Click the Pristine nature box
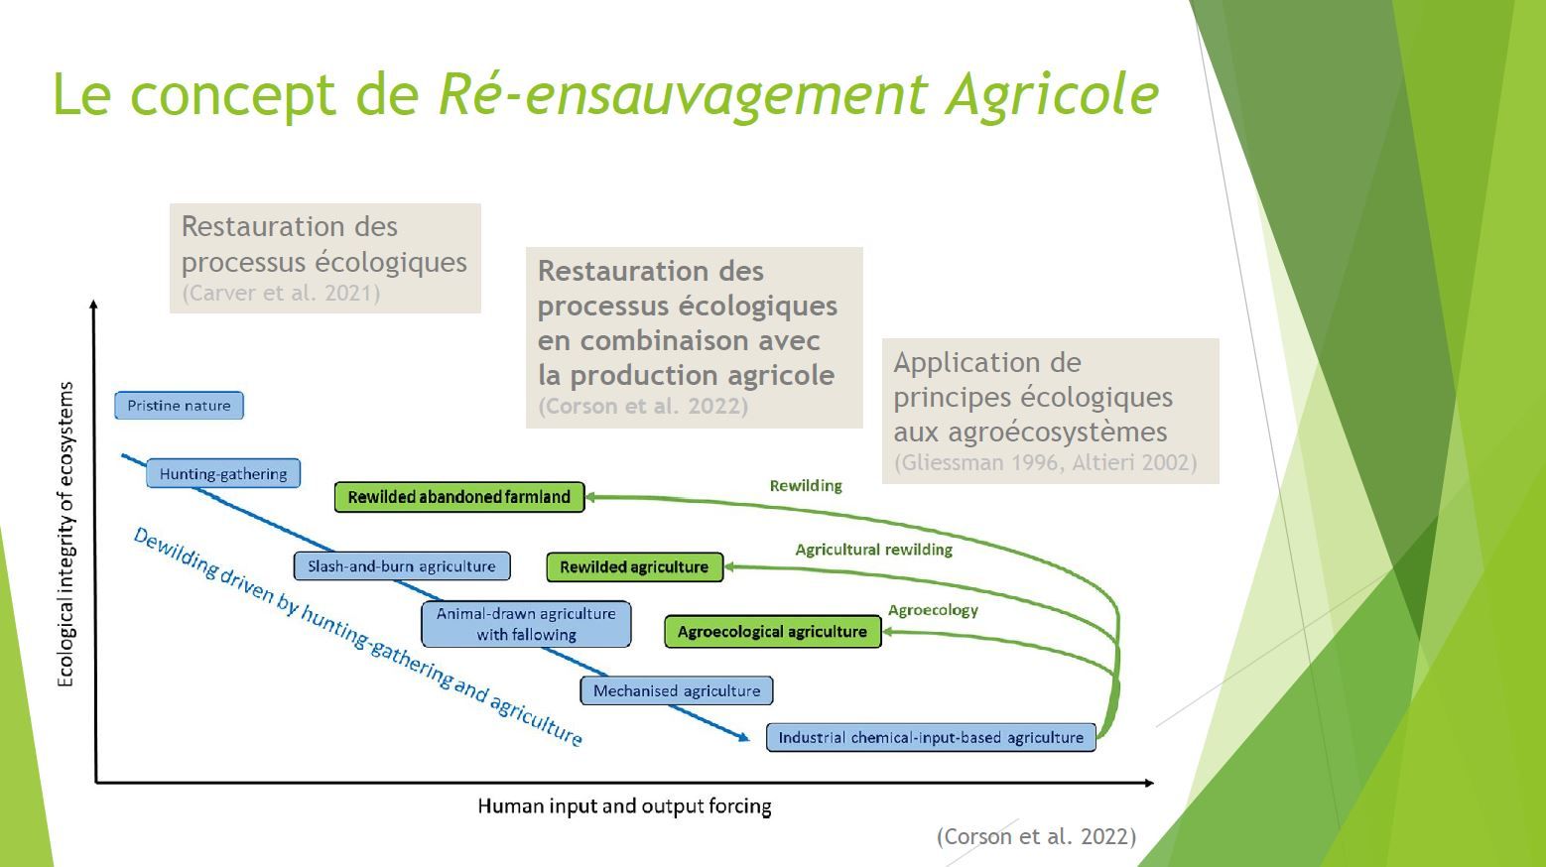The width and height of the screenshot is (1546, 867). (179, 406)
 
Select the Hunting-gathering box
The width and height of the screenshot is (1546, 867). (223, 474)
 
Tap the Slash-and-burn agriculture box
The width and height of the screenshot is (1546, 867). (402, 566)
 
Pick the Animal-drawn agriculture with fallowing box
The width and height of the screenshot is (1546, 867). (526, 624)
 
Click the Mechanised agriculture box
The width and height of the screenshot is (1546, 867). (677, 690)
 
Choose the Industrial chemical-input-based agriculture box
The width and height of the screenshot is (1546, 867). (931, 737)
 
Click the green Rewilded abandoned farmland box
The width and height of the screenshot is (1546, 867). (459, 497)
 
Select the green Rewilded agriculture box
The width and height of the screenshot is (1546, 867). (634, 567)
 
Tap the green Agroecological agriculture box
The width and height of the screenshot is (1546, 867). (772, 632)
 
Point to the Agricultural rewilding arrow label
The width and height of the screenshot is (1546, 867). (874, 550)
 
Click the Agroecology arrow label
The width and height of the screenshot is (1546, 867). (933, 610)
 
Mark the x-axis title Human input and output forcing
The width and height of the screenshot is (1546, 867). (624, 806)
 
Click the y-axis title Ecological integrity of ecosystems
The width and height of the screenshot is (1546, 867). (64, 535)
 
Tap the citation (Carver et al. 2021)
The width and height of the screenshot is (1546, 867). (281, 294)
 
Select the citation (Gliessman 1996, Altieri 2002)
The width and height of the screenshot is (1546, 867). (1046, 462)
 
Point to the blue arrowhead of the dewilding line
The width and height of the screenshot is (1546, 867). (744, 737)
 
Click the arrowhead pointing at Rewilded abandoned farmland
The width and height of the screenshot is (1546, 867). (590, 497)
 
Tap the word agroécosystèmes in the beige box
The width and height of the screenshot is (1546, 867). (1058, 433)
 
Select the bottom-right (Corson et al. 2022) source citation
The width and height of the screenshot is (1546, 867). (1036, 836)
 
